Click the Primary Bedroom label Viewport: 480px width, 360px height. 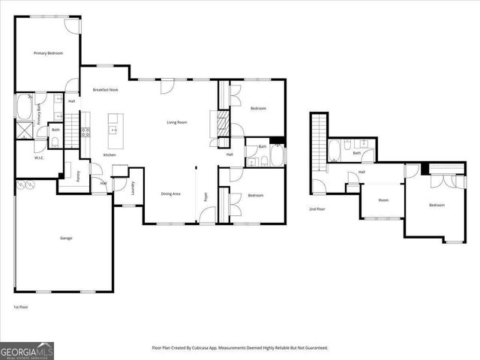pos(47,53)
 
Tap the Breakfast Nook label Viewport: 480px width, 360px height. pos(105,89)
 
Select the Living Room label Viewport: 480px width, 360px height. pos(176,122)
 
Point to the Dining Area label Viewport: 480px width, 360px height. pos(170,194)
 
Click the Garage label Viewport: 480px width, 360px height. pos(66,238)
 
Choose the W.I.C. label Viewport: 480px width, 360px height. pos(39,158)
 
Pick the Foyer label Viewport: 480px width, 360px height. pos(205,197)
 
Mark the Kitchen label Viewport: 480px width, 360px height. pos(109,154)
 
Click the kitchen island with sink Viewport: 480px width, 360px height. pos(115,130)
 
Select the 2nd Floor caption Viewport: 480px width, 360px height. pos(316,208)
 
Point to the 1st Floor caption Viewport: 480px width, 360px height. pos(21,307)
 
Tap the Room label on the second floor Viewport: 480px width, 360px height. pos(383,200)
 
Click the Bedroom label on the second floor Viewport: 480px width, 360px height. pos(436,205)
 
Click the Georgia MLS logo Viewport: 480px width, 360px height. pos(27,350)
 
